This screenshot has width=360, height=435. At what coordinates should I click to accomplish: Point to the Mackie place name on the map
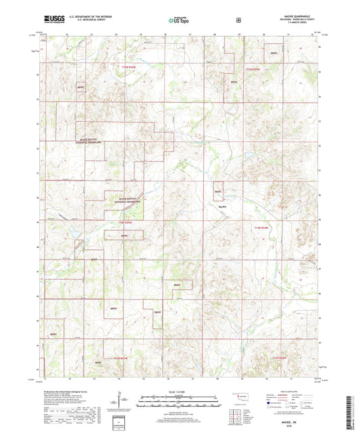click(222, 207)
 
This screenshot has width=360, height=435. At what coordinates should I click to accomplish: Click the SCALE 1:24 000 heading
click(180, 394)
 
